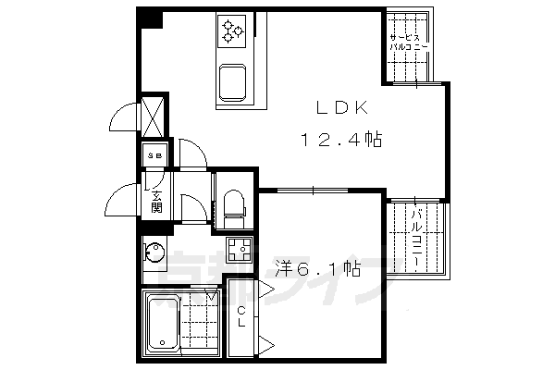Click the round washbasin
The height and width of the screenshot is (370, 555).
[155, 252]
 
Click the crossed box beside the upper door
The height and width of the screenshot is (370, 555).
[154, 116]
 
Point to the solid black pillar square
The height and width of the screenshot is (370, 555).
[149, 18]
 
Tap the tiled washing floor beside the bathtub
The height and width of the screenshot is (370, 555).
[202, 321]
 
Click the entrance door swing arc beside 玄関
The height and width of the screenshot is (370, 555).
[120, 196]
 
